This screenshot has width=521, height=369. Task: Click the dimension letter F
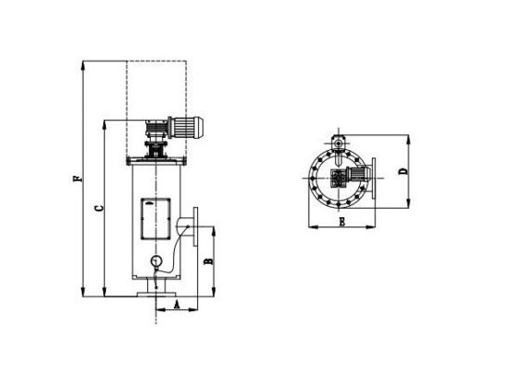77,178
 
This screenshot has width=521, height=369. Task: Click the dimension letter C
100,209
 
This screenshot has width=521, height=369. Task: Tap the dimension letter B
208,261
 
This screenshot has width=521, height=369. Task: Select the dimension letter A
177,304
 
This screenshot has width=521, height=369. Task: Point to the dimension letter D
403,171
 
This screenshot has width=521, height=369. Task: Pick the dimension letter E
342,222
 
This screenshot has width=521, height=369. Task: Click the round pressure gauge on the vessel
155,261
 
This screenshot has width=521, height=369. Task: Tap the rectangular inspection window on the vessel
156,219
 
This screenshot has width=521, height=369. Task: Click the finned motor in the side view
186,127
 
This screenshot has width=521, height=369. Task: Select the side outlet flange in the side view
195,226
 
